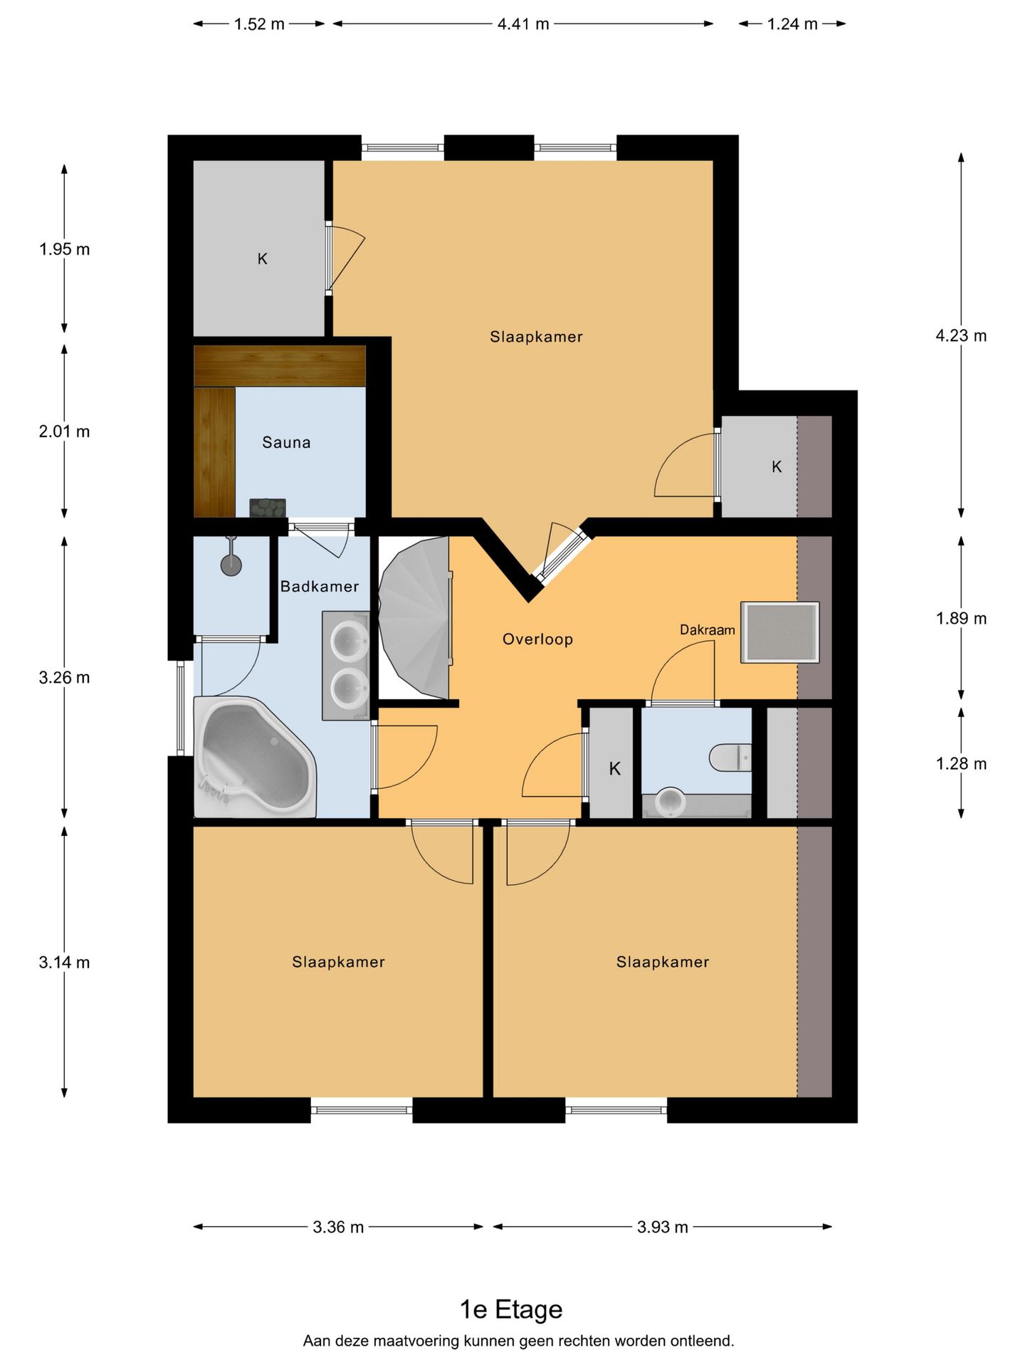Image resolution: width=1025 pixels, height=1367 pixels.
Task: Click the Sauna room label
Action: tap(286, 442)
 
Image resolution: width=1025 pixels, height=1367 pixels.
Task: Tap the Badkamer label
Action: tap(319, 586)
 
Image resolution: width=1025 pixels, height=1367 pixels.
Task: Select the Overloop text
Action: tap(537, 639)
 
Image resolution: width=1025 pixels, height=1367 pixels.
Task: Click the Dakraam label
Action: tap(707, 629)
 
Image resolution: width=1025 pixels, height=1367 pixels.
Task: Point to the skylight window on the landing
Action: tap(779, 632)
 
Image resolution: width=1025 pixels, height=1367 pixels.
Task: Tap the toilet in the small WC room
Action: tap(730, 757)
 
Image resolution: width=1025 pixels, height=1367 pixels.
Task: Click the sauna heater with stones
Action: tap(268, 508)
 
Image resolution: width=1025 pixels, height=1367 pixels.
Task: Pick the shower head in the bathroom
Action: tap(231, 565)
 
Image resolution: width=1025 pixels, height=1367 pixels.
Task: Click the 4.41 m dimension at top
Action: tap(523, 24)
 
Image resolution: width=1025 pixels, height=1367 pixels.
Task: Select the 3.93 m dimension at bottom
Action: tap(662, 1227)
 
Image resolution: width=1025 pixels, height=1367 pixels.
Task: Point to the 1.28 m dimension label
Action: tap(961, 764)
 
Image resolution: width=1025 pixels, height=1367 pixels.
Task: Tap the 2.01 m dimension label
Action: tap(64, 431)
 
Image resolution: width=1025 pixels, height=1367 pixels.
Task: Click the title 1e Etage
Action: tap(511, 1309)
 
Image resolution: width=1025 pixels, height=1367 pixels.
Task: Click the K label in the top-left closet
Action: tap(262, 259)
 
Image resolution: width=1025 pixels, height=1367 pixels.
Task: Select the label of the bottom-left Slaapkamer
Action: tap(338, 962)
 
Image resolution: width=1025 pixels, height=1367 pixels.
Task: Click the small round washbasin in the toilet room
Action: tap(670, 802)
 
